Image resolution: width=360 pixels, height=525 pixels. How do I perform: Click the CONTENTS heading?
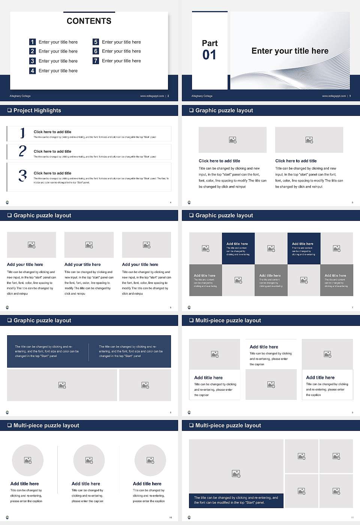[89, 21]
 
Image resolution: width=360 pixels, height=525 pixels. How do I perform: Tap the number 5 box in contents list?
[96, 42]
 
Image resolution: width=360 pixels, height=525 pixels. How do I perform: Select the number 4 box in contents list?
[33, 70]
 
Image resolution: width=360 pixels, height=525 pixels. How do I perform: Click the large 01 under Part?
[209, 55]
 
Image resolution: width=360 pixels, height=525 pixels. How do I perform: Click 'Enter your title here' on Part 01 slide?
[290, 51]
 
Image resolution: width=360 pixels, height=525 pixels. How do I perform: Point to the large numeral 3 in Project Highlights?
[22, 175]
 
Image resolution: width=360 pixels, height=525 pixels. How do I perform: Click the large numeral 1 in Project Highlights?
[22, 133]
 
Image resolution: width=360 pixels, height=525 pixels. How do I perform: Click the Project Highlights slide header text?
[37, 110]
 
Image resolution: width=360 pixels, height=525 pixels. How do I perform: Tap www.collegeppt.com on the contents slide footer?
[152, 96]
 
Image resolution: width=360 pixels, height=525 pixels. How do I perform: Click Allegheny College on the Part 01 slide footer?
[202, 96]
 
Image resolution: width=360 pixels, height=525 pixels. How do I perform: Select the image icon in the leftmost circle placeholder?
[28, 460]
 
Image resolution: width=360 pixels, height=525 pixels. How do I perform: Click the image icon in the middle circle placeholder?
[89, 460]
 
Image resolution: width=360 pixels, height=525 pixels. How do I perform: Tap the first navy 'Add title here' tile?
[238, 249]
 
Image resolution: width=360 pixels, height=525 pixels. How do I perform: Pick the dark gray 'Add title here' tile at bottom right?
[336, 280]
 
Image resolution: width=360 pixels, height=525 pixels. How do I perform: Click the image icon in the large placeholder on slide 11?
[236, 474]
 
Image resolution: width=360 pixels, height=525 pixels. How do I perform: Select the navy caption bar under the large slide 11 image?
[236, 500]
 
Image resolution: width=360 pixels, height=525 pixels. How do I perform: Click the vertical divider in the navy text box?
[89, 352]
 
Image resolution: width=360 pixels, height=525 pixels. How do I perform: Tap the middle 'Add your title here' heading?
[82, 264]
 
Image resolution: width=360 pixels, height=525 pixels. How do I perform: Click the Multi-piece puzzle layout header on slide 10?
[46, 425]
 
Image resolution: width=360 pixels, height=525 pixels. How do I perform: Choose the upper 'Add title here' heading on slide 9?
[264, 347]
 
